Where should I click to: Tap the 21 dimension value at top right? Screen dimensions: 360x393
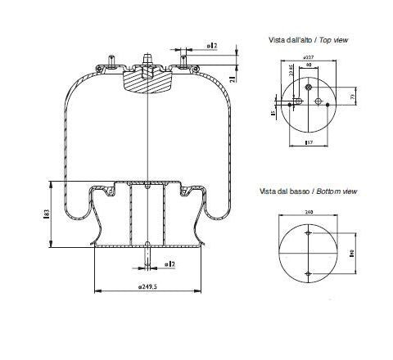[233, 78]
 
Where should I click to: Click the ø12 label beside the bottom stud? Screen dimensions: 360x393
[170, 263]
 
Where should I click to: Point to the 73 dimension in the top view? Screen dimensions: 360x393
[354, 97]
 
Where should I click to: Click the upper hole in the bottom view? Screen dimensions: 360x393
[308, 234]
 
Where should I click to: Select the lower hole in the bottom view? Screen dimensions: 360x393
[308, 272]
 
